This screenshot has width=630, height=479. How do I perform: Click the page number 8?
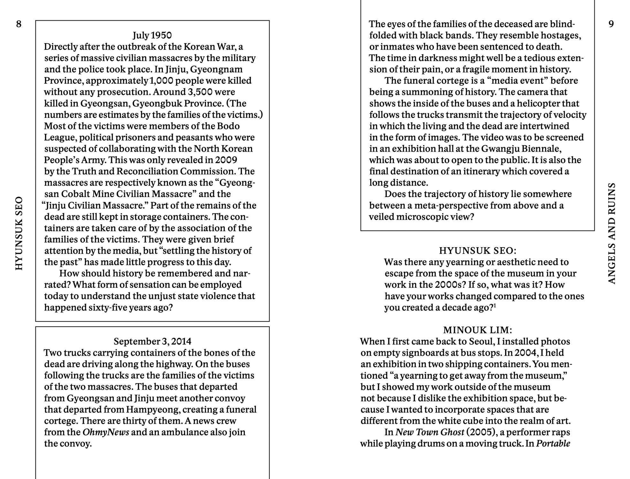(x=19, y=24)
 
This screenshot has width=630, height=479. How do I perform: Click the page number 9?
(x=611, y=24)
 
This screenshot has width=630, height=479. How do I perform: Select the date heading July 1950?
(x=152, y=35)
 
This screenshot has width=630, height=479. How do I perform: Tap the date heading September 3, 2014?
(x=152, y=341)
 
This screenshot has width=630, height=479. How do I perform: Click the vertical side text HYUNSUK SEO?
(x=19, y=233)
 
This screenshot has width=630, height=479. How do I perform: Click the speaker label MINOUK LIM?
(x=477, y=330)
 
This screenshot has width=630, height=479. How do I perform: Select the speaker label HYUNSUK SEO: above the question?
(x=477, y=251)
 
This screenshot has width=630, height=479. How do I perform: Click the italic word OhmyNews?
(x=106, y=432)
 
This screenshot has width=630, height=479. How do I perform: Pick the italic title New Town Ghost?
(x=429, y=432)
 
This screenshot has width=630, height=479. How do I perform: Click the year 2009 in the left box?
(x=226, y=160)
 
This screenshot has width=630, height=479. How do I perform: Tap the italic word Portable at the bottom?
(x=553, y=444)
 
